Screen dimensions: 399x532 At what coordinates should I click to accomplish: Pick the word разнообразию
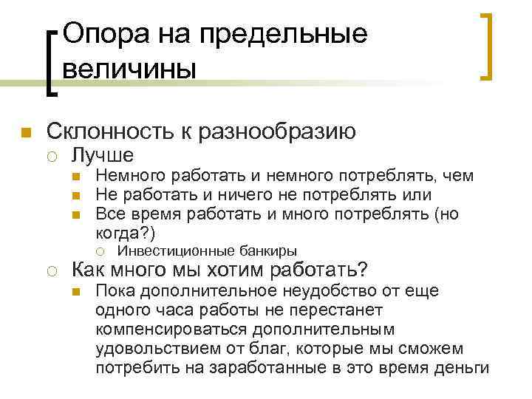[284, 132]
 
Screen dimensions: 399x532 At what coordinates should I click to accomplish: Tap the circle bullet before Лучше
[52, 156]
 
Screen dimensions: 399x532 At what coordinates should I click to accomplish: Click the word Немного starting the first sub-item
[131, 177]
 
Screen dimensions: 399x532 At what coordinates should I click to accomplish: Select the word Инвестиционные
[174, 250]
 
